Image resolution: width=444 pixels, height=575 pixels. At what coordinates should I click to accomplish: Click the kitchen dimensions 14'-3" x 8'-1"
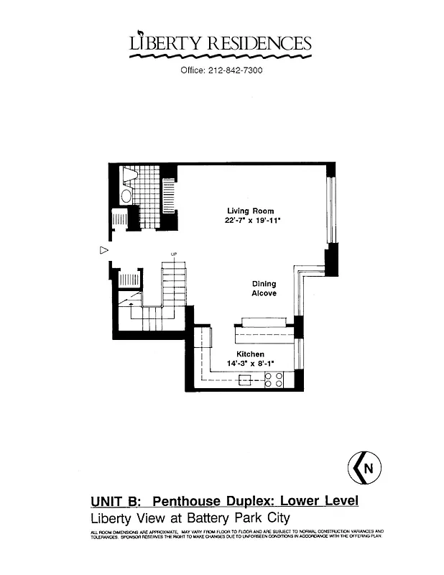[251, 364]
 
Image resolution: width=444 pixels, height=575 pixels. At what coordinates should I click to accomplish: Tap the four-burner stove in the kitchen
[273, 380]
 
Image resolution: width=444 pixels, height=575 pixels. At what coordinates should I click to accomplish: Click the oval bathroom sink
[126, 195]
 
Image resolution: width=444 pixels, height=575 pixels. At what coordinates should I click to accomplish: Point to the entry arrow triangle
[103, 250]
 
